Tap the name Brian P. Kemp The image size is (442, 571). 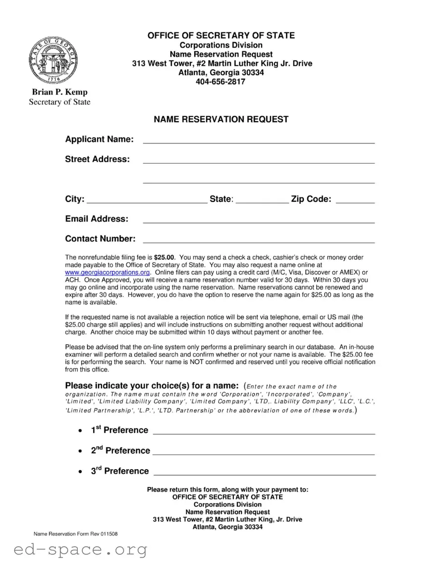pos(59,92)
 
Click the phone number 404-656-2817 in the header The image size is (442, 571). pos(221,82)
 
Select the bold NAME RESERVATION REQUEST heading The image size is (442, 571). pos(221,119)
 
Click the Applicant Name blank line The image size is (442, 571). pos(258,141)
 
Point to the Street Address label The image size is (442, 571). pos(98,159)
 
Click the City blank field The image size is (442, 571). pos(147,200)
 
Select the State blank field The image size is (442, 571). pos(262,200)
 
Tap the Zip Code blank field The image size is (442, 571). pos(355,200)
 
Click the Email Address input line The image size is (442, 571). pos(258,220)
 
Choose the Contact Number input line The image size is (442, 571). pos(258,240)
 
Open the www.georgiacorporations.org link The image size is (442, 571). pos(108,273)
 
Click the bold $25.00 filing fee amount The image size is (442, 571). pos(164,258)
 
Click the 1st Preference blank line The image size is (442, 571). pos(264,431)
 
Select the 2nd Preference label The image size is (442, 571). pos(120,450)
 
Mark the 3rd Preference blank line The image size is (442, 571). pos(264,473)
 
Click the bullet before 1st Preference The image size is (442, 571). pos(81,431)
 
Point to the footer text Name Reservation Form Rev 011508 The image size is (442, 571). pos(75,534)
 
